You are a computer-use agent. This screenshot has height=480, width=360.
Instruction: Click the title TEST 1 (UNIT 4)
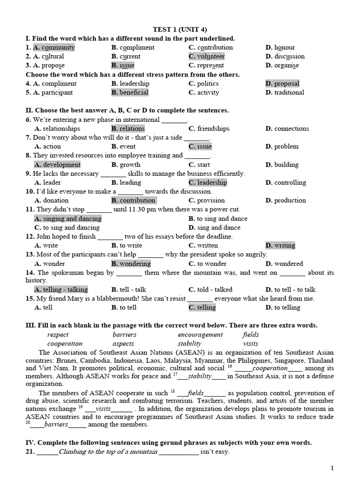(180, 30)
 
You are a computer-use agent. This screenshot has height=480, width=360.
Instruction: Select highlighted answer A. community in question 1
(54, 47)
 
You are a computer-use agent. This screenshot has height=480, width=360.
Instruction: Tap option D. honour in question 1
(280, 47)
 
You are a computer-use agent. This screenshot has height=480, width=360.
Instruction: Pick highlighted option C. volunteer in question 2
(207, 56)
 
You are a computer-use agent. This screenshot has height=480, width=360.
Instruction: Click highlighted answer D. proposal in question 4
(282, 83)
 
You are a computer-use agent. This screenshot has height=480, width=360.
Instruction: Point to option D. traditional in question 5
(285, 92)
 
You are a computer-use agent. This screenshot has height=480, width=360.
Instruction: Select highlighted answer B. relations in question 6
(128, 128)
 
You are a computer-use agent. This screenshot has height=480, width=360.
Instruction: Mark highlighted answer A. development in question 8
(57, 165)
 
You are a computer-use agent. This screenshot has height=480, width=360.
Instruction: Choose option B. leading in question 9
(126, 182)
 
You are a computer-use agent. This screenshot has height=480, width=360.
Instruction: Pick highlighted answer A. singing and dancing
(68, 218)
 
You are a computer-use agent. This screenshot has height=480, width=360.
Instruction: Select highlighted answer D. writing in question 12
(280, 245)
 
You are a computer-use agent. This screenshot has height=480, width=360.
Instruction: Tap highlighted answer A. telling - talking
(61, 289)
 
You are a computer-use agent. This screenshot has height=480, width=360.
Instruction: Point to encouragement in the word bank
(200, 335)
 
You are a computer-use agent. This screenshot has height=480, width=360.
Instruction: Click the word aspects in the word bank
(123, 344)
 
